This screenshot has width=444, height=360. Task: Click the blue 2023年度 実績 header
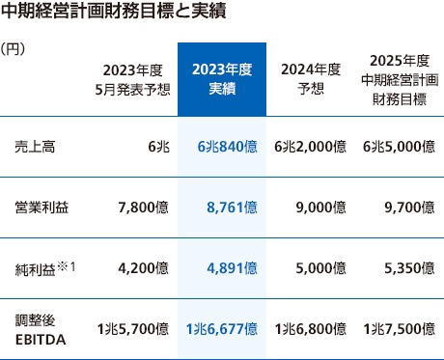(222, 78)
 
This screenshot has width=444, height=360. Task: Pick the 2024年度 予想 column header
(309, 78)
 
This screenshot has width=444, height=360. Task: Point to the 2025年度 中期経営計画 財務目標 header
(399, 78)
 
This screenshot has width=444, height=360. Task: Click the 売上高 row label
(35, 147)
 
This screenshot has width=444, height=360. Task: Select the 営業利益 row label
(42, 207)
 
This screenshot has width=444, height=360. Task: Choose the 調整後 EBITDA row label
(39, 328)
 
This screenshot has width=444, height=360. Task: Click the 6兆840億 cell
(227, 147)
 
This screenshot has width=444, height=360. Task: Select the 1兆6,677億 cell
(222, 328)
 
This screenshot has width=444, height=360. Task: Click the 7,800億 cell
(142, 207)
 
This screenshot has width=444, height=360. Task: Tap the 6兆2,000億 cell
(311, 147)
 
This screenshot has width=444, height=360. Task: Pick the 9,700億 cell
(408, 207)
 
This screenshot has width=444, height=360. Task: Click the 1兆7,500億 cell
(399, 328)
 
